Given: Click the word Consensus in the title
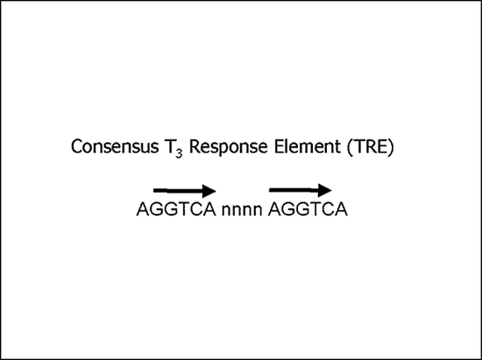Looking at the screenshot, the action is pos(115,146).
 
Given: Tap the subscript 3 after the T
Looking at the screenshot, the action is pos(179,153).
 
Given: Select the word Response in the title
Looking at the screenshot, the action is pos(229,147).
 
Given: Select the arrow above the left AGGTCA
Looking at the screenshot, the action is pos(185,191).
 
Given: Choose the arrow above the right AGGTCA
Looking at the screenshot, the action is pos(301,190).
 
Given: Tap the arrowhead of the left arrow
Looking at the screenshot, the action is pos(209,191).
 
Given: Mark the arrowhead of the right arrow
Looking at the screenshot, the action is pos(324,190).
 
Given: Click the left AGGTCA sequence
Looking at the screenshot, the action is pos(176,209).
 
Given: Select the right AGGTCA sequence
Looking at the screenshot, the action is pos(308,209).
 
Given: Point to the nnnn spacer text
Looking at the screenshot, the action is pos(242,211).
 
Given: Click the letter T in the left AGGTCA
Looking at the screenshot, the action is pos(182,209).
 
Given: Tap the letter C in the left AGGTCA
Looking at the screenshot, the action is pos(195,209).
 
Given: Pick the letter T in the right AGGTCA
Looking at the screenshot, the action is pos(314,209).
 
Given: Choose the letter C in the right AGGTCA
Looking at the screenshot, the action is pos(327,209).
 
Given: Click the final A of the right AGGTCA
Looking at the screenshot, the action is pos(341,209).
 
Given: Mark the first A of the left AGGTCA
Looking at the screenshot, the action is pos(143,209).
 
